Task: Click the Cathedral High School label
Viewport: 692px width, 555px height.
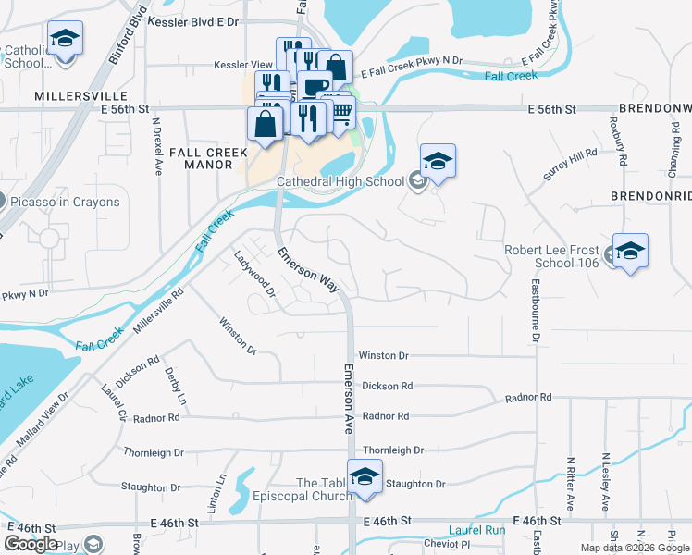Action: pos(340,182)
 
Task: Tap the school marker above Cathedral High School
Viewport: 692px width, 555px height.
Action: pos(438,162)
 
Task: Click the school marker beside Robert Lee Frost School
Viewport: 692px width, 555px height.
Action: pos(630,251)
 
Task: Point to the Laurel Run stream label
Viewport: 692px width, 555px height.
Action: pos(477,531)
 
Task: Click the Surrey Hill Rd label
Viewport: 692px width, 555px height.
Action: pos(571,164)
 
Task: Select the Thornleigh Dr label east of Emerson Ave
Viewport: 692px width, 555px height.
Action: pos(393,450)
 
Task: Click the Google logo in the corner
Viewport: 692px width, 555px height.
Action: pos(31,544)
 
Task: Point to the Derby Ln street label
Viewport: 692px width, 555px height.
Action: pos(175,386)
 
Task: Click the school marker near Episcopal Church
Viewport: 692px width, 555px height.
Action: pos(365,477)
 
